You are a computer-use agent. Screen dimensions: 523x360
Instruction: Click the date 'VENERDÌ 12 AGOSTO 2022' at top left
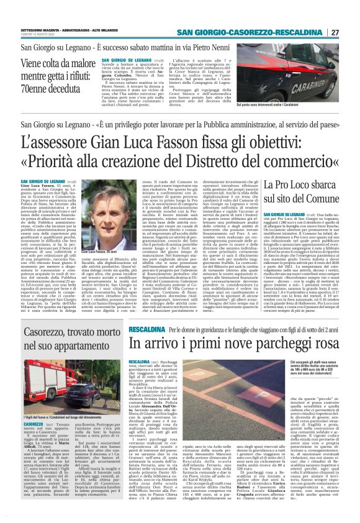point(34,34)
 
